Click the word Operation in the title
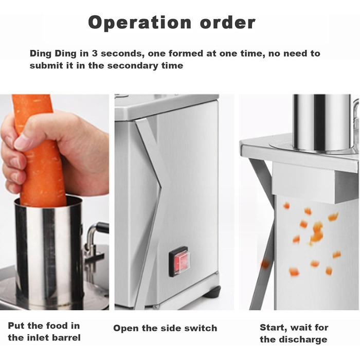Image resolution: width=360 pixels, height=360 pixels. point(139,23)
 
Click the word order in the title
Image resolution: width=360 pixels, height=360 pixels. point(228,23)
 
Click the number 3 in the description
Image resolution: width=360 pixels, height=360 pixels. point(94,53)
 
